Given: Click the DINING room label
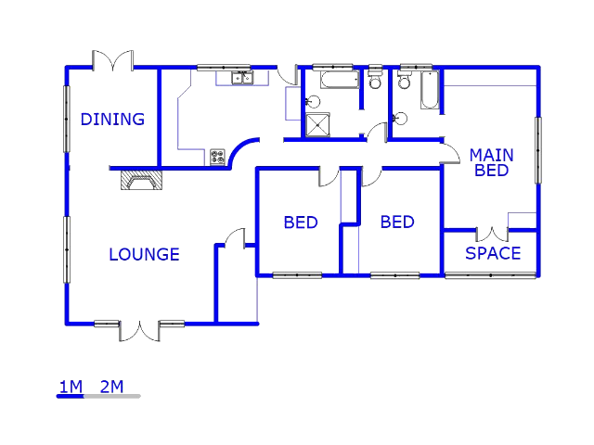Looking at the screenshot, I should [112, 119].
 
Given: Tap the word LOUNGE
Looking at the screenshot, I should [144, 254].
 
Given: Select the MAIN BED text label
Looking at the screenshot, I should [491, 162].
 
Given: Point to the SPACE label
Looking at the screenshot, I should [493, 253].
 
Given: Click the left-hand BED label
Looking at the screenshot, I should [301, 222].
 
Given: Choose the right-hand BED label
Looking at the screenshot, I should [397, 222].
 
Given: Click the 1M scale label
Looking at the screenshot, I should [71, 387].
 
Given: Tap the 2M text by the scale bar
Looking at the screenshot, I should [111, 387].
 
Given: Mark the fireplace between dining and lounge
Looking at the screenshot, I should [140, 181].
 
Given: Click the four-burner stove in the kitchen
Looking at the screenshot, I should [218, 157].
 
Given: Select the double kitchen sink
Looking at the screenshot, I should [242, 78].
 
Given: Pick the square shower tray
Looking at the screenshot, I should [317, 125].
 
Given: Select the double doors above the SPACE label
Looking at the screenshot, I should [492, 234].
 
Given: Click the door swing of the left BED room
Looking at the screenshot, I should [329, 175].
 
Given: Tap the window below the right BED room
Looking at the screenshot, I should [394, 275].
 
